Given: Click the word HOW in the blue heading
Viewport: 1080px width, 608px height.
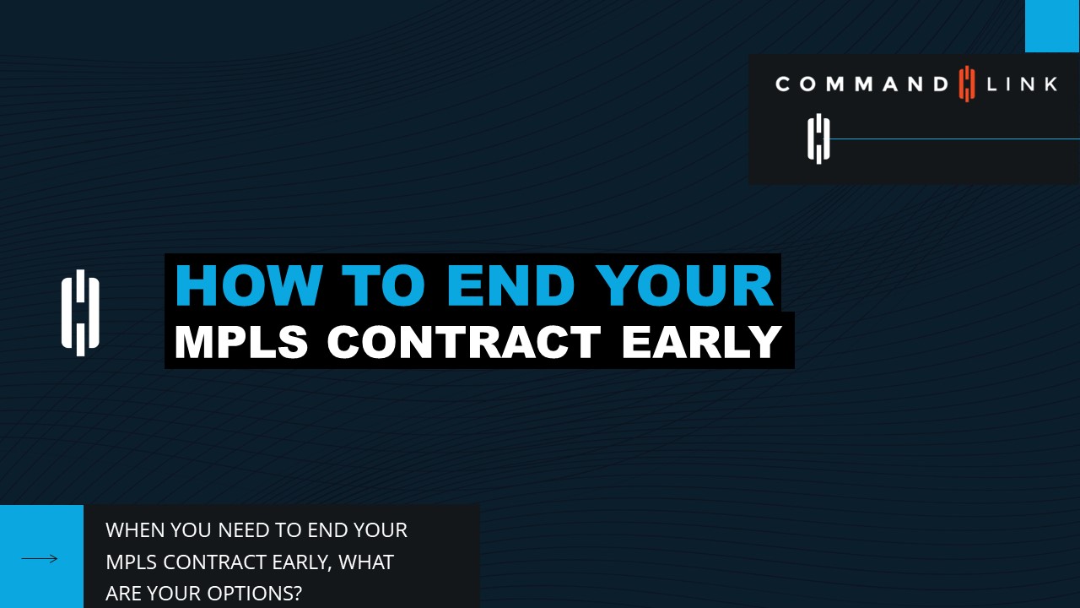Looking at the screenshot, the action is [x=248, y=285].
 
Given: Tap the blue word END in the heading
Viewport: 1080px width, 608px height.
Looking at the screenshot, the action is [x=510, y=285].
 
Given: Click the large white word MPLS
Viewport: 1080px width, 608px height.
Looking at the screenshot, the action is [x=241, y=342].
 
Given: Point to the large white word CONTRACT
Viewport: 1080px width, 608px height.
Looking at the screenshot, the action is [x=464, y=342].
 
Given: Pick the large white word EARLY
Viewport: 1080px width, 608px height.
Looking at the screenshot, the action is [x=702, y=342].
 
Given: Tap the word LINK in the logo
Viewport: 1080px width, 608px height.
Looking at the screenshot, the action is [x=1022, y=84].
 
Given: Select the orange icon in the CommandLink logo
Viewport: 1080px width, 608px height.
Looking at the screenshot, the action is [x=967, y=84].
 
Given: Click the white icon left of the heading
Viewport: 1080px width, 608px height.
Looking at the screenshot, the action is [x=80, y=312].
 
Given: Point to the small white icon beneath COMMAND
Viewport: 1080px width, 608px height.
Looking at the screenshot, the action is [x=818, y=139].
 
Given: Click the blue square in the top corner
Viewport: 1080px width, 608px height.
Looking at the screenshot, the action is [x=1052, y=26].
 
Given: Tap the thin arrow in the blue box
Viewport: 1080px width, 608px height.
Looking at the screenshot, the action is [x=40, y=559].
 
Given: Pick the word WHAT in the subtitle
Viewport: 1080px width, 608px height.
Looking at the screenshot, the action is [x=366, y=562].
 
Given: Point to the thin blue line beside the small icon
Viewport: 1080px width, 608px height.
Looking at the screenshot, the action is [x=955, y=139].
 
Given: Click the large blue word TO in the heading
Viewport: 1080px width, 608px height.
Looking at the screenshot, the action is [x=383, y=285].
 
